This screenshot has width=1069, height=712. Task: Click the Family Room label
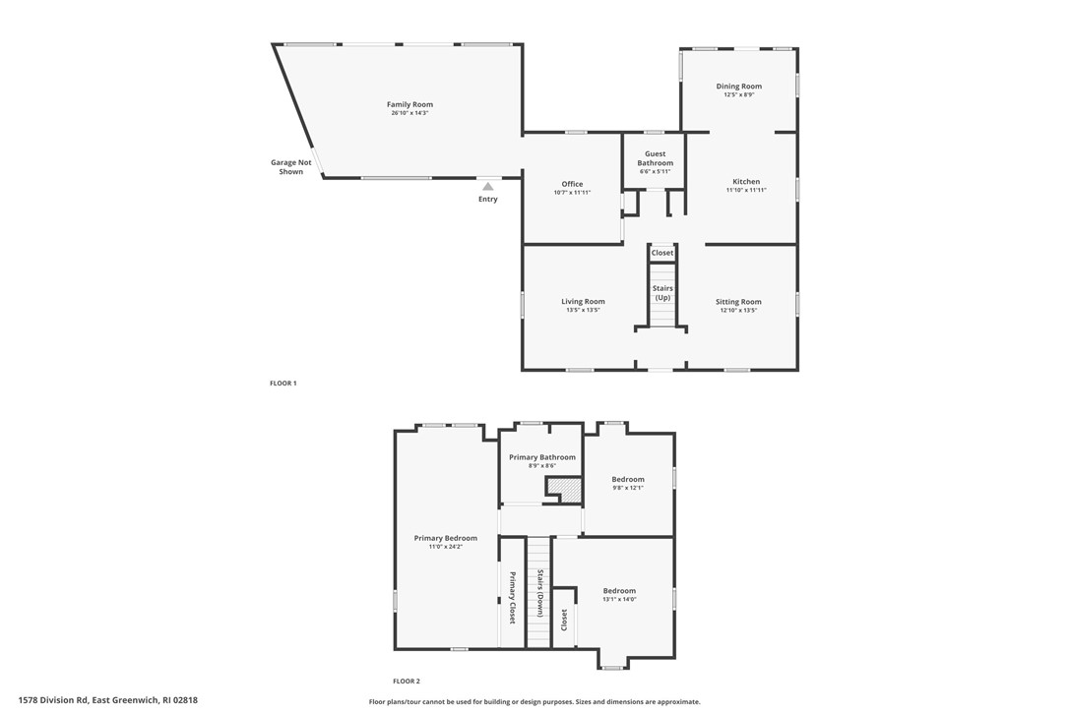click(x=409, y=104)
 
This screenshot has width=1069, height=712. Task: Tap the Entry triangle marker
click(x=487, y=186)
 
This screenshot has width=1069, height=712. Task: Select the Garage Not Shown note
click(x=291, y=167)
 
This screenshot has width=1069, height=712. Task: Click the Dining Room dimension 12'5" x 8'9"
click(x=739, y=94)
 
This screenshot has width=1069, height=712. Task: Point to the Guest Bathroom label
click(x=656, y=158)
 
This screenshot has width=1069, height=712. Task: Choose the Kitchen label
click(x=746, y=181)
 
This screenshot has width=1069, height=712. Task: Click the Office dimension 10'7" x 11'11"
click(x=572, y=192)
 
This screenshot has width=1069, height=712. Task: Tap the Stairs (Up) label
click(x=662, y=293)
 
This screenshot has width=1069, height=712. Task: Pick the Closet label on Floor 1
click(x=662, y=253)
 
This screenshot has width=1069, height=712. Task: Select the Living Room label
click(x=583, y=301)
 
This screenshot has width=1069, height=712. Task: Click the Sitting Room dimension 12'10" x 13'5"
click(x=738, y=310)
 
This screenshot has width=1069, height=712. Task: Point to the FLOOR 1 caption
click(x=283, y=383)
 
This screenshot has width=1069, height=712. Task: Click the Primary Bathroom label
click(x=542, y=457)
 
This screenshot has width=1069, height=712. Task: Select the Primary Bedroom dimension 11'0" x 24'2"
click(x=446, y=547)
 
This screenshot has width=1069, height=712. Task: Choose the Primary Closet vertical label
click(x=512, y=598)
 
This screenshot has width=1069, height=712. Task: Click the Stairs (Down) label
click(x=539, y=593)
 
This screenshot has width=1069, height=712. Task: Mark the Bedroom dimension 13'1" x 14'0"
click(x=619, y=599)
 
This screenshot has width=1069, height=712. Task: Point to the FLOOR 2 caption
click(x=407, y=681)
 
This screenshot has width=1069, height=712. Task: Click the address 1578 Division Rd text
click(x=53, y=699)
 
